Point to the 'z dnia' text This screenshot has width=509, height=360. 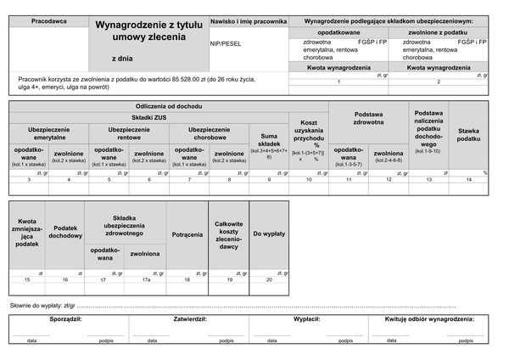coord(122,59)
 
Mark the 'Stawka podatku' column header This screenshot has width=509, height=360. coord(468,134)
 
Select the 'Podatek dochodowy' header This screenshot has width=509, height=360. coord(64,232)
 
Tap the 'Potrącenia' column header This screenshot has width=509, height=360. coord(187,233)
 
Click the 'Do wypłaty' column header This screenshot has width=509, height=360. coord(269,233)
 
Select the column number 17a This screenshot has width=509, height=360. coord(146,279)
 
